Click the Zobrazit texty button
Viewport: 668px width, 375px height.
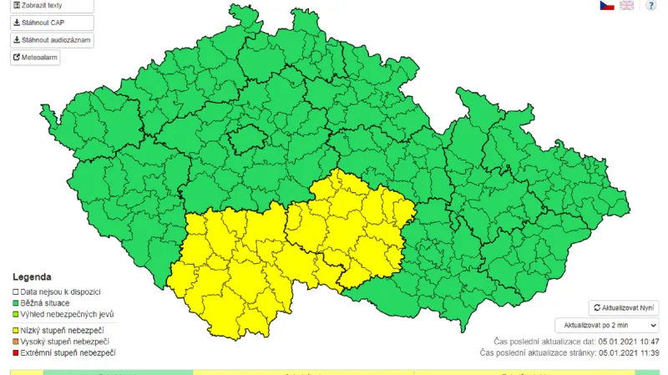tap(51, 5)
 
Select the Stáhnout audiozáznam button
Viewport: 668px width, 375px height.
tap(51, 40)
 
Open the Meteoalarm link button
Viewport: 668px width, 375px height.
tap(35, 58)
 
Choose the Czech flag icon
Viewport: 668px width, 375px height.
tap(606, 5)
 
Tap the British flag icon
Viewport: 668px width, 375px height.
tap(626, 5)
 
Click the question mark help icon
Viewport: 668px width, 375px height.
tap(650, 5)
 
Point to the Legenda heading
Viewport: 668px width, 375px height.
tap(32, 276)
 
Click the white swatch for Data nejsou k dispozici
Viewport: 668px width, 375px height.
tap(15, 291)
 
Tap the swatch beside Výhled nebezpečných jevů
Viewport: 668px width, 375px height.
tap(15, 314)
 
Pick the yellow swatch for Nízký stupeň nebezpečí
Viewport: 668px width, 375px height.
tap(15, 331)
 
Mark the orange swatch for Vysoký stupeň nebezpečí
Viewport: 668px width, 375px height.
tap(15, 342)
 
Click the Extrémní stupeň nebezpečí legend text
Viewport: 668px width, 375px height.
tap(68, 353)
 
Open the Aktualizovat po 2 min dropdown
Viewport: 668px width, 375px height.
tap(606, 326)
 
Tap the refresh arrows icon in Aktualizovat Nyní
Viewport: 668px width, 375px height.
tap(596, 308)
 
